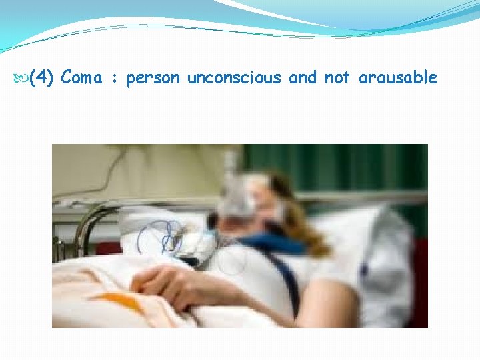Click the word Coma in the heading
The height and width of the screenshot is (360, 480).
click(81, 78)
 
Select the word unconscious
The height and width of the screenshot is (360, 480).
click(234, 78)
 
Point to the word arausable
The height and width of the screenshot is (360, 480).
click(398, 78)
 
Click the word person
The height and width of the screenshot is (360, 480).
click(153, 79)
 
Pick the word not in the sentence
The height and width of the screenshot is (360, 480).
click(337, 78)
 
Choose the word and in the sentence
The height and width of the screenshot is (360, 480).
click(303, 78)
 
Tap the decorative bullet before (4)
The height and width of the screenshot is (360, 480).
click(23, 78)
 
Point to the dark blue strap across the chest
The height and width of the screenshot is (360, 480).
click(283, 280)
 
